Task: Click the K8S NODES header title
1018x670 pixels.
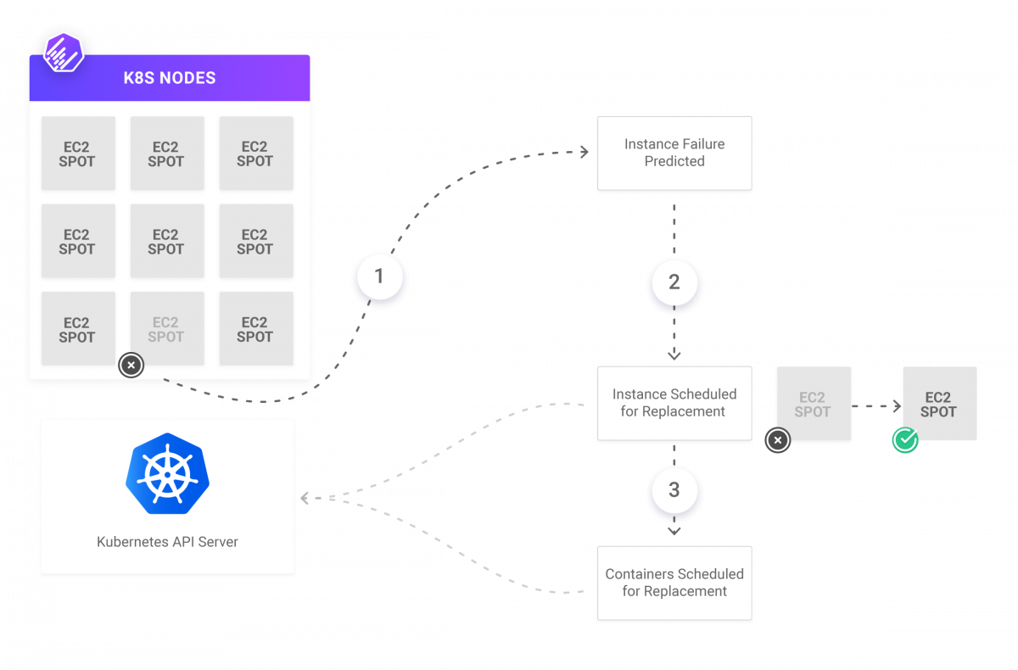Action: [169, 78]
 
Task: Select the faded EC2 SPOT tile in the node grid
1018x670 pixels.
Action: [165, 329]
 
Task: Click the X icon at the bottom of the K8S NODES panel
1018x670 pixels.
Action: [131, 366]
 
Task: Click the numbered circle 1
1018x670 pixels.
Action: [379, 276]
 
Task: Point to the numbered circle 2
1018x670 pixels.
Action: [674, 282]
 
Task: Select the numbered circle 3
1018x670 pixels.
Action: [674, 490]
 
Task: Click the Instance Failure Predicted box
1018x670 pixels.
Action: [674, 154]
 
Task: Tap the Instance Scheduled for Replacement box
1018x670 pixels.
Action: [674, 404]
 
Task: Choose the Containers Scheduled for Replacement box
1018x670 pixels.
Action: [674, 583]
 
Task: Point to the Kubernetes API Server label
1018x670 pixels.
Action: [167, 541]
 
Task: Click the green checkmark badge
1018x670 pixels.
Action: [905, 439]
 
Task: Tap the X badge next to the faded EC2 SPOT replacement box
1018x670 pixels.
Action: [778, 440]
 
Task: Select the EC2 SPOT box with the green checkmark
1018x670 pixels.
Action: [939, 404]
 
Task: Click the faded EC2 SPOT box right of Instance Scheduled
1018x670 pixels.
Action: [813, 404]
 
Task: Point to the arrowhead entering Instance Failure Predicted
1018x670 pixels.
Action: [584, 153]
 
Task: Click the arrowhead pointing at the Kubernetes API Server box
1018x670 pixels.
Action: [304, 499]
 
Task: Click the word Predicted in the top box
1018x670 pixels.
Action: [674, 161]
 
